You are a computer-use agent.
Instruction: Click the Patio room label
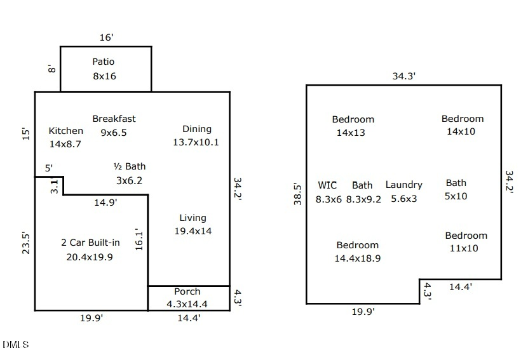tap(104, 62)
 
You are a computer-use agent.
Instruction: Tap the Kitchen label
tap(65, 131)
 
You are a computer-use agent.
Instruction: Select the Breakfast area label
tap(114, 119)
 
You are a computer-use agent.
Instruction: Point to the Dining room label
tap(196, 129)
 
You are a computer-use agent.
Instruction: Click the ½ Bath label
tap(129, 166)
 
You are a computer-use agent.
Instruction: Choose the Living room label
tap(193, 218)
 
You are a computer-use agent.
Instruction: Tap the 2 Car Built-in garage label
tap(90, 243)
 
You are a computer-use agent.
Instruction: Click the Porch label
tap(187, 292)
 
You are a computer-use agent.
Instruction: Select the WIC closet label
tap(327, 185)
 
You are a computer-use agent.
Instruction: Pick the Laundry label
tap(403, 185)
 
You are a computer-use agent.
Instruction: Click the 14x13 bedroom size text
tap(351, 133)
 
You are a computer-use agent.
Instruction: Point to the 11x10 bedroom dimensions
tap(463, 249)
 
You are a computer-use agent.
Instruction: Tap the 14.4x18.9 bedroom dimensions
tap(357, 258)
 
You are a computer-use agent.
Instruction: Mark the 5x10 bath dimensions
tap(456, 197)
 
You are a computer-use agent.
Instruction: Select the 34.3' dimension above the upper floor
tap(403, 76)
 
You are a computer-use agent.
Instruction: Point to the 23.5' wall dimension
tap(26, 243)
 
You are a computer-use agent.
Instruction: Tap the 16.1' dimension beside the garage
tap(139, 240)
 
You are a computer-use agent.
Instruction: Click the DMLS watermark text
tap(15, 345)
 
